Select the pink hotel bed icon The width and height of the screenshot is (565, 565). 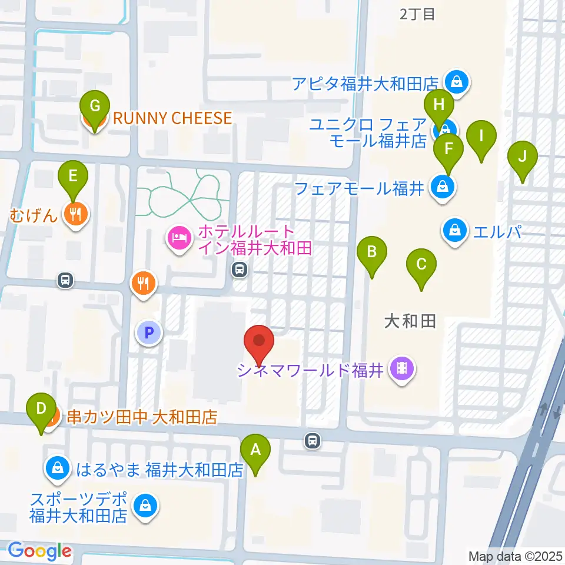[x=178, y=238]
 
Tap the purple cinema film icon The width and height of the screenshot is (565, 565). [x=403, y=370]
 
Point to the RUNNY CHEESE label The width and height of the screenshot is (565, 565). [x=172, y=118]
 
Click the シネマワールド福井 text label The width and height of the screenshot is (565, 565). [x=310, y=370]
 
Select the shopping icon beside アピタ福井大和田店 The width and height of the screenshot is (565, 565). [x=457, y=82]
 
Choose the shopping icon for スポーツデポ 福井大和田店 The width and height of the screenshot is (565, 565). [x=145, y=504]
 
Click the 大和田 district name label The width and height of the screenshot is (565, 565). [x=410, y=321]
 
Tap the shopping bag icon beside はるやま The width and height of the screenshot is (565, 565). [x=58, y=469]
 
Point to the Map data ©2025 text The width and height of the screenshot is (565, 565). [x=516, y=556]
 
